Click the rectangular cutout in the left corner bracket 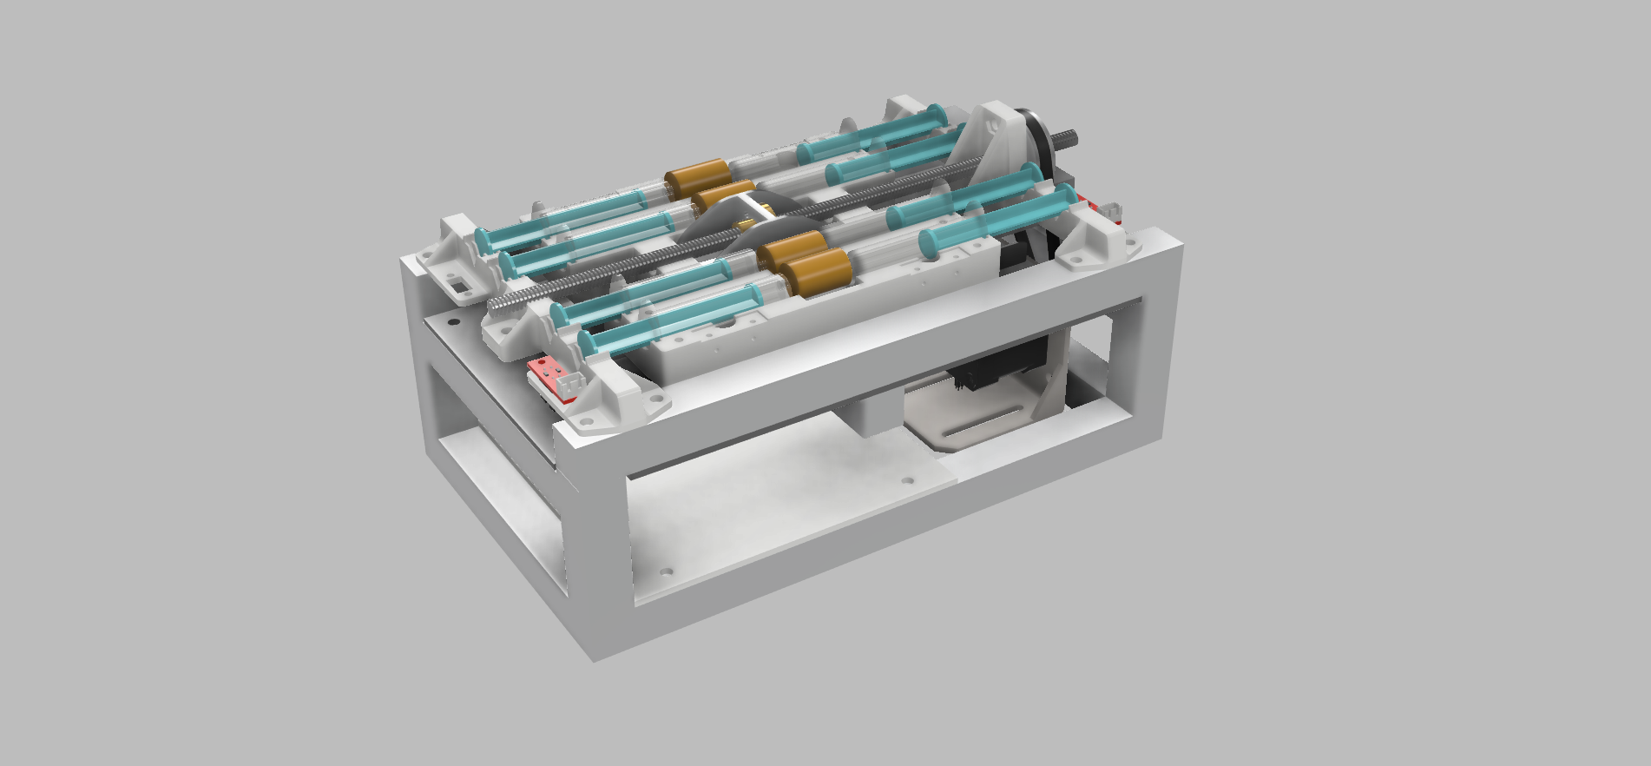click(456, 284)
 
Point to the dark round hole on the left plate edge click(451, 321)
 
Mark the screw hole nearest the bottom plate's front click(666, 573)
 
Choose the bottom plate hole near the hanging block click(907, 479)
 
